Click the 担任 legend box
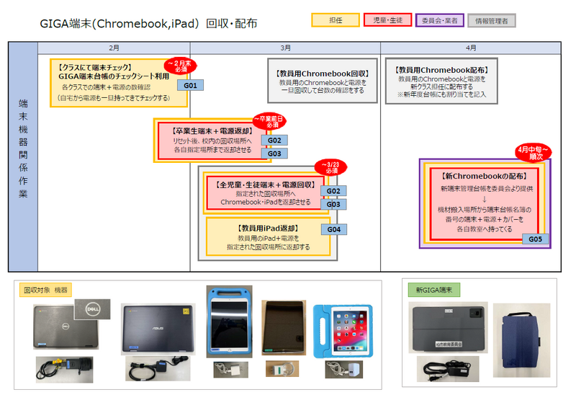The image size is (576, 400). pos(335,21)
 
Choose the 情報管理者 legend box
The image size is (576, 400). pos(492,21)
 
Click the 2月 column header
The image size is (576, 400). pos(114,48)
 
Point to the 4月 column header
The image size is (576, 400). pos(472,48)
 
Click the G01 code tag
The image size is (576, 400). pos(191,85)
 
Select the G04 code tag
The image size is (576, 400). pos(333,229)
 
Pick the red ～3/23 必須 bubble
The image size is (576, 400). pos(331,168)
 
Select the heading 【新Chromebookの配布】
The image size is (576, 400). pos(484,176)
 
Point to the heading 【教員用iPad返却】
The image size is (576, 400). pos(269,228)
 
